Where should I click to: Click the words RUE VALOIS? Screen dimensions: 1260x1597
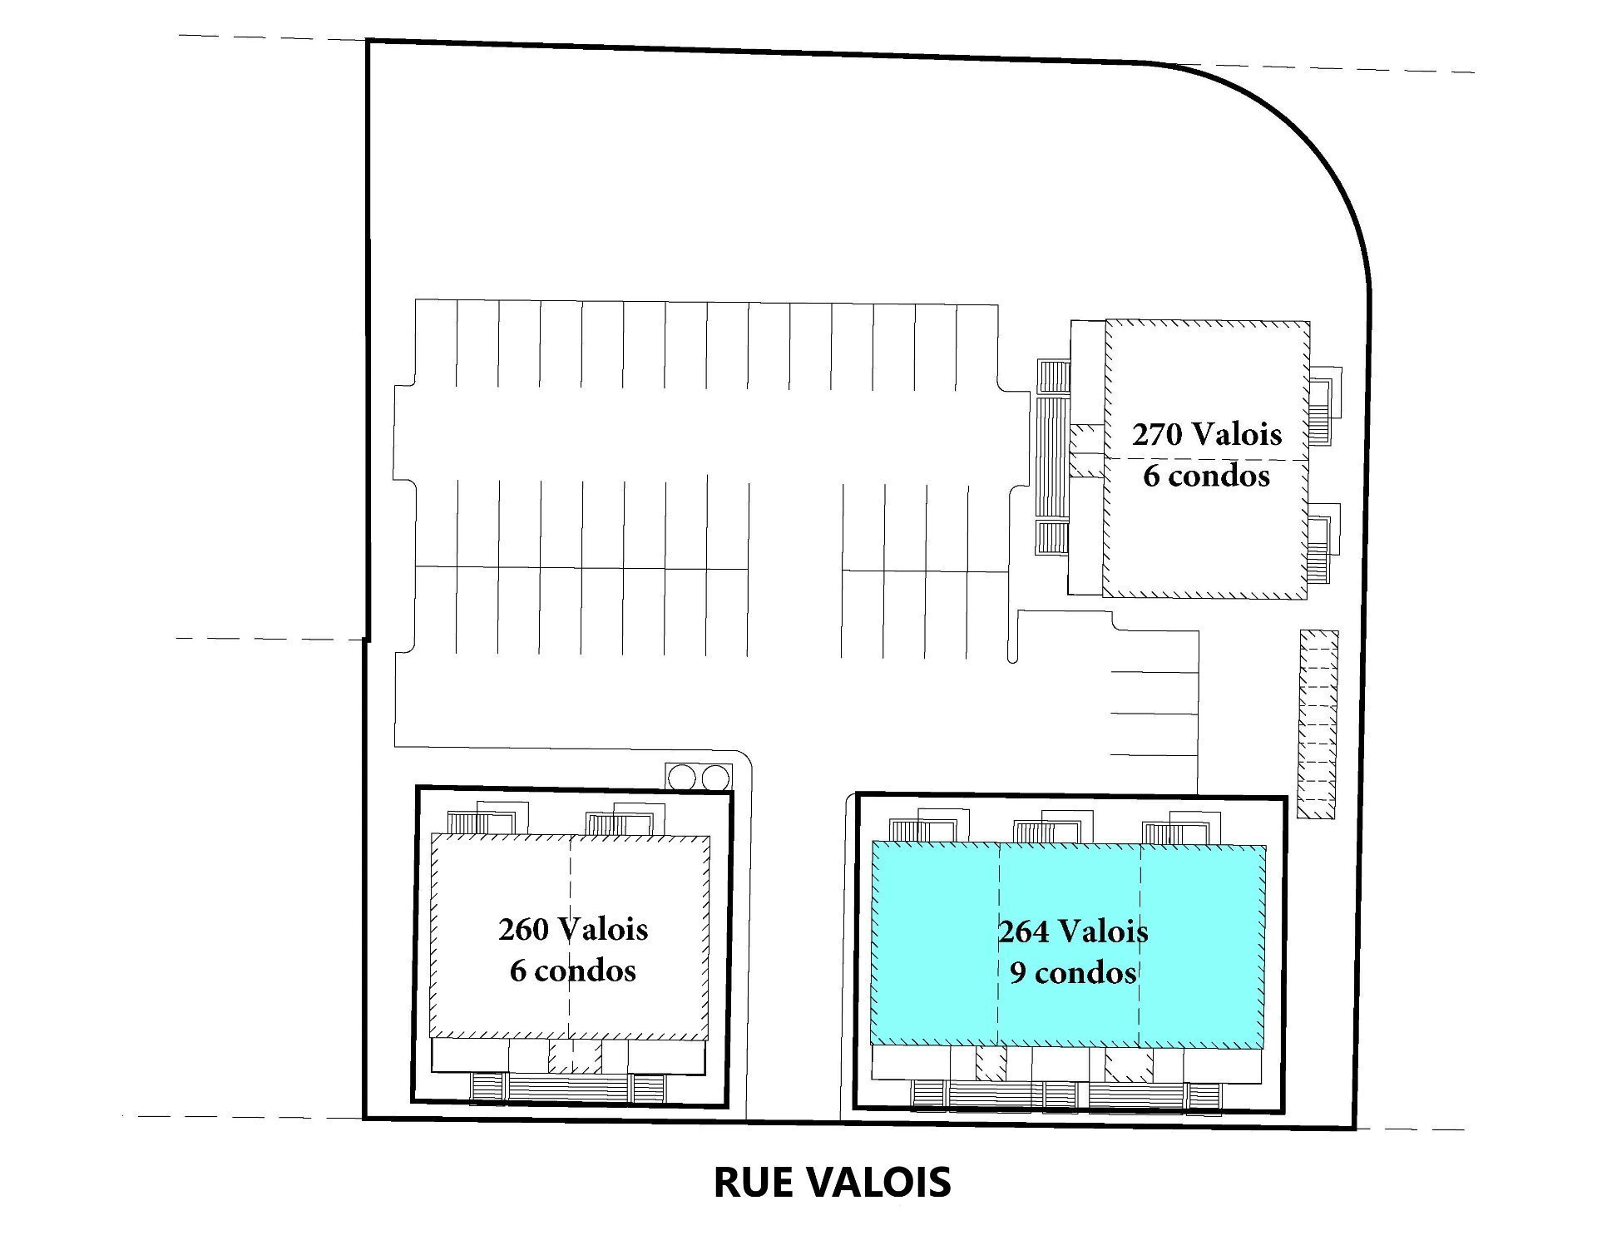coord(832,1182)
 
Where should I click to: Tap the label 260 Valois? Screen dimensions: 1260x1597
coord(573,929)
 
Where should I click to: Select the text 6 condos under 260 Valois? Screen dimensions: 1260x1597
coord(573,971)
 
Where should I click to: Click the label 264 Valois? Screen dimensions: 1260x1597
coord(1073,931)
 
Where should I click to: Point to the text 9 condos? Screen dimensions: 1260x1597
coord(1073,972)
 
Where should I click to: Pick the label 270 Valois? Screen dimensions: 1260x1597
coord(1207,434)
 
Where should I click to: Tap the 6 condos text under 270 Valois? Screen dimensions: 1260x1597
coord(1207,476)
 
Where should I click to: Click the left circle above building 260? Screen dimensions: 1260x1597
coord(681,778)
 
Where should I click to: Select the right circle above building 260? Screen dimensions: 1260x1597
coord(715,778)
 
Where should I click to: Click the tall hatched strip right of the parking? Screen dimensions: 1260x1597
coord(1318,724)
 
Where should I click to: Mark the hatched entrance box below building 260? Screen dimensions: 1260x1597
coord(574,1057)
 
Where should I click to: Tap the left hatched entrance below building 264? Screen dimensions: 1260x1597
coord(991,1063)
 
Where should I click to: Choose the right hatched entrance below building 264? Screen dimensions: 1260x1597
coord(1129,1064)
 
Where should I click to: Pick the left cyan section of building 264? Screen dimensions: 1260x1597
coord(934,944)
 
